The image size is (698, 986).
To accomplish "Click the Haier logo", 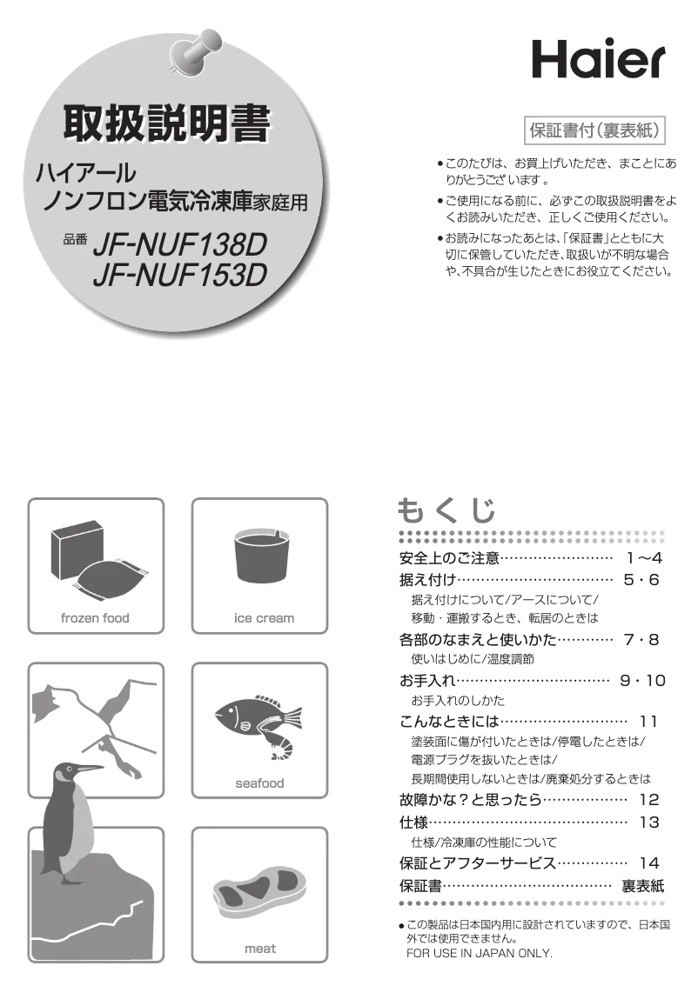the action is pos(598,59).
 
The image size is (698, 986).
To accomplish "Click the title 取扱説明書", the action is pos(167,123).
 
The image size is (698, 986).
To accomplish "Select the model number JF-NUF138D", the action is pos(180,244).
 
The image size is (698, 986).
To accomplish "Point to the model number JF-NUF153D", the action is pos(180,275).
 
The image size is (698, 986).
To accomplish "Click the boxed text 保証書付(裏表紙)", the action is pos(594,130).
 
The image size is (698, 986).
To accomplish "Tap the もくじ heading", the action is pos(446,510).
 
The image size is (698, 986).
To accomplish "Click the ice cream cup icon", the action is pos(260,556).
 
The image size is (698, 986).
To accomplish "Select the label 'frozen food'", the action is pos(95,618).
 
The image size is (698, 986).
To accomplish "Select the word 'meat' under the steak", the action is pos(260,949).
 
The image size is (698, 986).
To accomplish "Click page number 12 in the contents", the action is pos(649,800).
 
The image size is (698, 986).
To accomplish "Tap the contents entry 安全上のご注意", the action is pos(449,557).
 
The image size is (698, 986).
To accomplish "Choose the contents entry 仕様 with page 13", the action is pos(413,822).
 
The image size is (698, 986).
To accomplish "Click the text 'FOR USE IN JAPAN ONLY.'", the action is pos(480,953).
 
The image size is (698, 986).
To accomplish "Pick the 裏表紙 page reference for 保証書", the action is pos(642,886).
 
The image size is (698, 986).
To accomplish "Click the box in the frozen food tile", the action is pos(77,550).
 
